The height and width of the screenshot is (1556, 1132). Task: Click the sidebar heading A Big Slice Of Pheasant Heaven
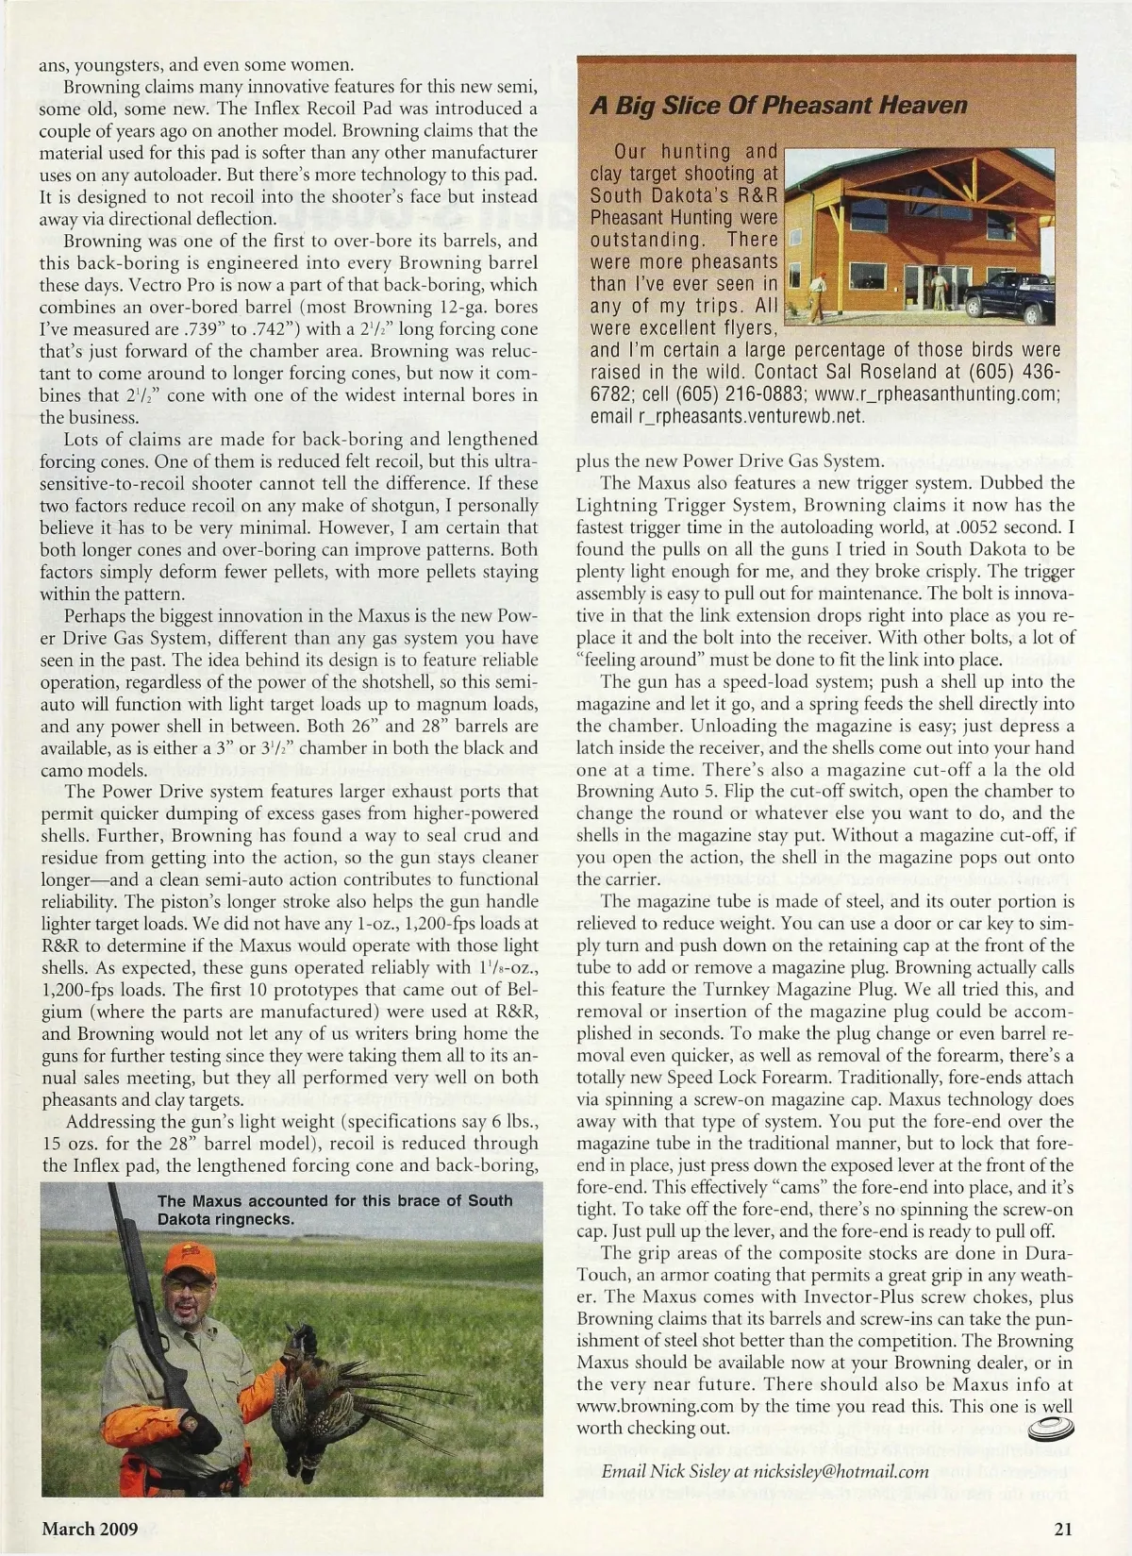pyautogui.click(x=778, y=105)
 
